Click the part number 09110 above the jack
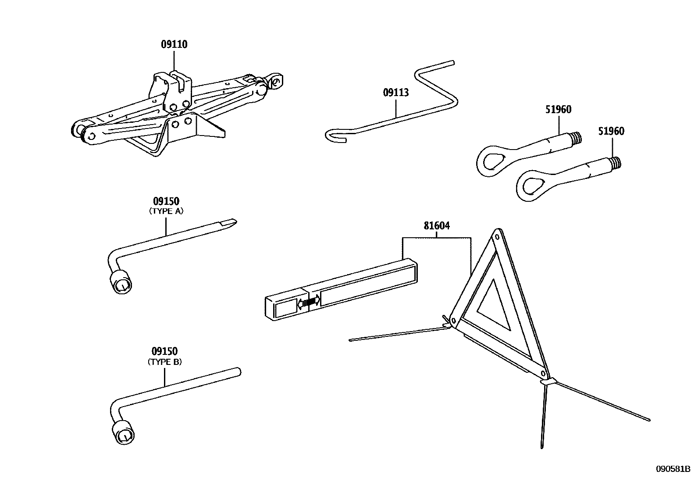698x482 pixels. [174, 44]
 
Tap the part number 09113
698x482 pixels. [395, 93]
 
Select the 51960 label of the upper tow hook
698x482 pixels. [558, 110]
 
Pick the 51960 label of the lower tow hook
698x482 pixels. [611, 131]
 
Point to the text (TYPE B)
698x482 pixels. [164, 362]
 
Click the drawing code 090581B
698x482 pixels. [673, 469]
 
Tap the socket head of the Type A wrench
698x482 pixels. [121, 283]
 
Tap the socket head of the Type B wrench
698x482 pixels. [123, 432]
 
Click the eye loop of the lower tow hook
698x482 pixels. [530, 188]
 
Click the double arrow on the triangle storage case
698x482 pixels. [309, 302]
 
